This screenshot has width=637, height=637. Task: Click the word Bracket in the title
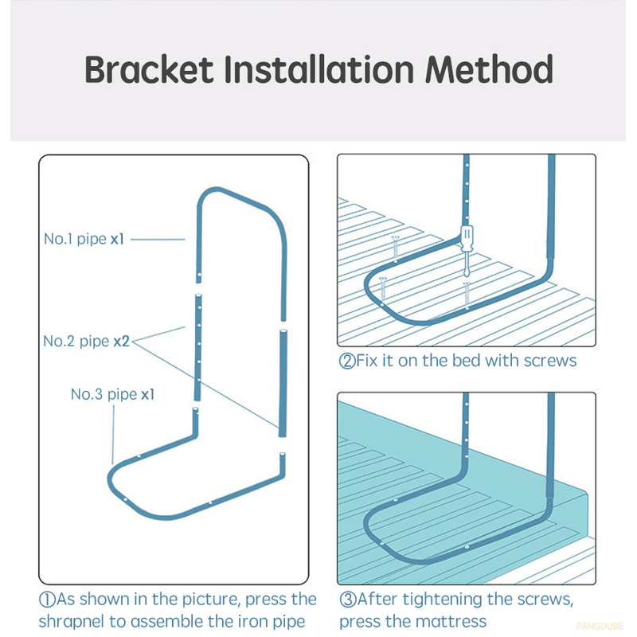pos(149,69)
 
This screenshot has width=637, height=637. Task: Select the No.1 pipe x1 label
pos(84,239)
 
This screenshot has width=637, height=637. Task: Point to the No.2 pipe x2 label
pos(87,342)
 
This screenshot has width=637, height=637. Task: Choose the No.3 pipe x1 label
pos(112,394)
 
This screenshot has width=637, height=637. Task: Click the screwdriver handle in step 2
pos(467,237)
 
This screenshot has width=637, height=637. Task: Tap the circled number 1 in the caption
pos(47,600)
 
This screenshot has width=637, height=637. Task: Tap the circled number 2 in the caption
pos(347,361)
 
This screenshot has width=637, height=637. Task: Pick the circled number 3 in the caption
pos(347,600)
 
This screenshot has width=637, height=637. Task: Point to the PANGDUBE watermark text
pos(600,626)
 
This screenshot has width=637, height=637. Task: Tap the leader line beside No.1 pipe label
pos(158,240)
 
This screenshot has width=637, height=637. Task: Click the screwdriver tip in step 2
pos(467,275)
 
